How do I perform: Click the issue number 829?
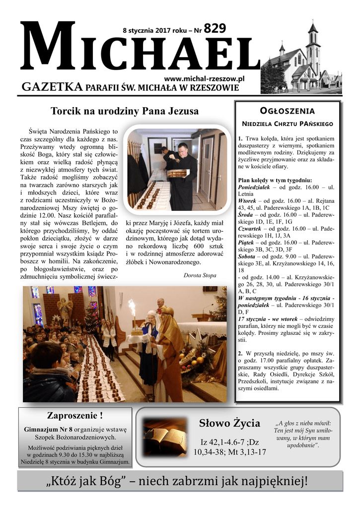(x=215, y=29)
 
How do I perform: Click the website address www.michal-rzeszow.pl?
(x=204, y=79)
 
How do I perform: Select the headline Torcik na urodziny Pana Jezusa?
(x=125, y=111)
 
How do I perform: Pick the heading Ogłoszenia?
(x=288, y=110)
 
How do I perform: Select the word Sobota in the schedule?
(x=249, y=250)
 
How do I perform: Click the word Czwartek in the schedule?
(x=252, y=229)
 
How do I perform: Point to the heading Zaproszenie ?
(x=74, y=415)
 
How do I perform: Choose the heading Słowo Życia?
(x=229, y=423)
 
